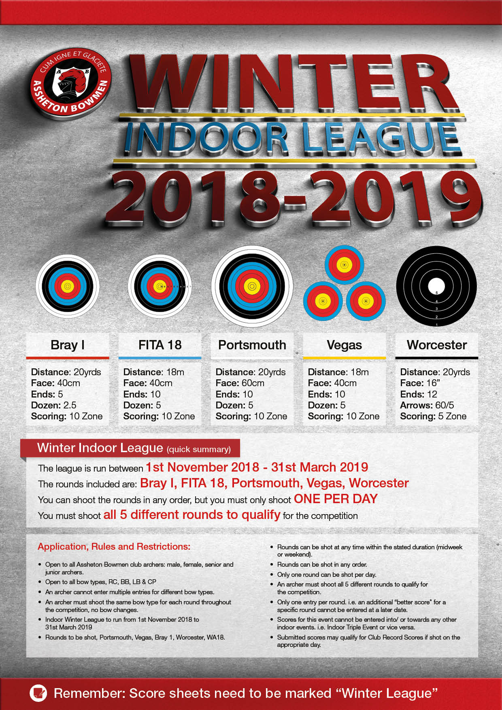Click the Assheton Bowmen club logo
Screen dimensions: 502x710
tap(70, 83)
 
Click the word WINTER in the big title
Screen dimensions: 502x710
tap(294, 83)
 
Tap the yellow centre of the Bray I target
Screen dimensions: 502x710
tap(68, 286)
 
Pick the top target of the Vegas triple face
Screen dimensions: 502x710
tap(345, 265)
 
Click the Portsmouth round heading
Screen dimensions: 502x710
tap(252, 345)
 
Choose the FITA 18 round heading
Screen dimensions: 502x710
tap(160, 345)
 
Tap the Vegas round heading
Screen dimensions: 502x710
tap(344, 345)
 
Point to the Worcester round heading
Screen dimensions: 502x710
tap(436, 345)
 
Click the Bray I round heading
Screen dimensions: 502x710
tap(68, 345)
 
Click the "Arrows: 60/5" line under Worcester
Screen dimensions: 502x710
tap(427, 405)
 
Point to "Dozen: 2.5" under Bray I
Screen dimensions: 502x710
tap(53, 405)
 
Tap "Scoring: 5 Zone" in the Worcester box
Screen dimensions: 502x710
tap(433, 416)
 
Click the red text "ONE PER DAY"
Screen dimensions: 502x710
tap(336, 499)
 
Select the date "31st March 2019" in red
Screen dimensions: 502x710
tap(319, 467)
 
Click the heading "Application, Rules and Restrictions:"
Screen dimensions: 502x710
tap(114, 546)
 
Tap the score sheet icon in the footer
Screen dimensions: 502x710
tap(38, 693)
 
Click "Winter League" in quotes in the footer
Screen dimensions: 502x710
tap(387, 693)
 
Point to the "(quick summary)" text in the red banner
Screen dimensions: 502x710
tap(199, 449)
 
